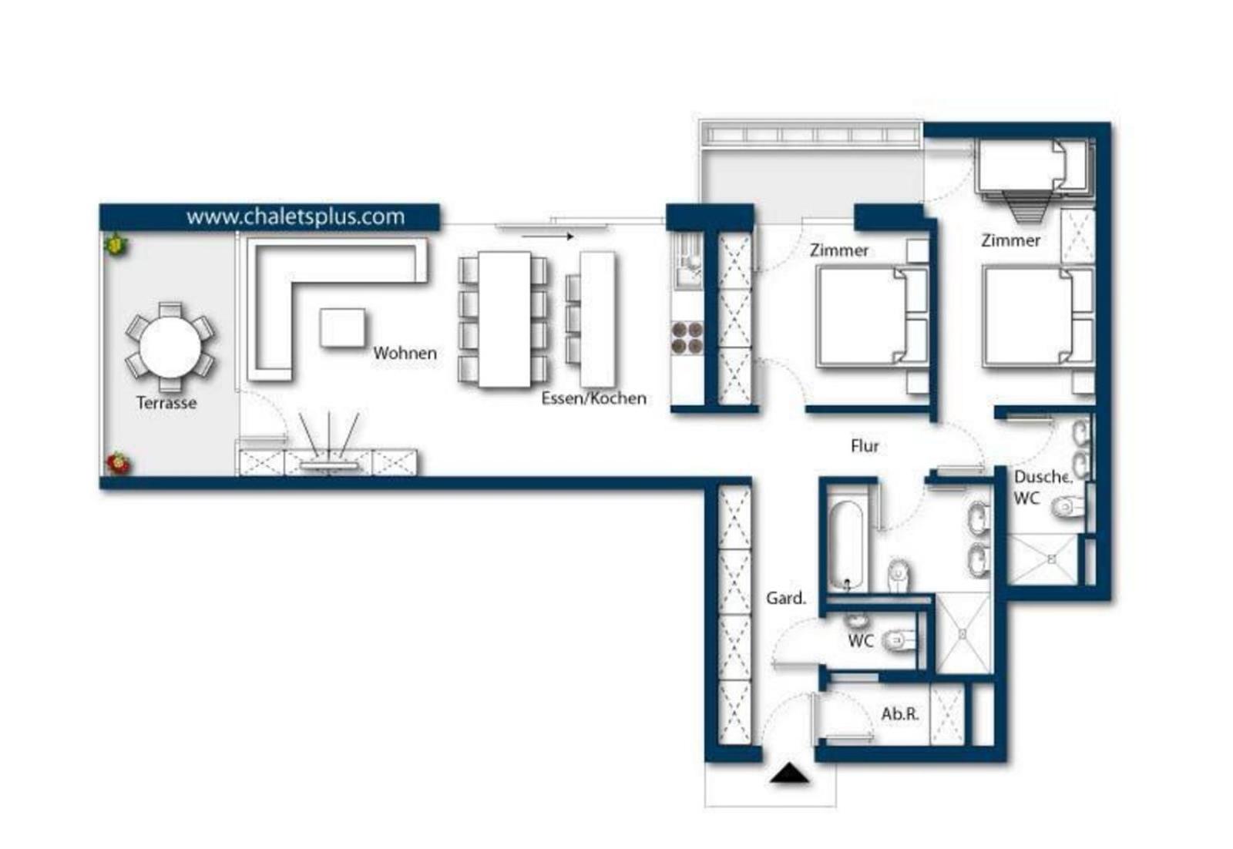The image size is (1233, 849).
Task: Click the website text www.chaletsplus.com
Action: (x=296, y=216)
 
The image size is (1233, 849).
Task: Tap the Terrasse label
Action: (x=166, y=403)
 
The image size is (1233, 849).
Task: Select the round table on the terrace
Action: (x=170, y=347)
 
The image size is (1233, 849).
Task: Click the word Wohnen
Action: (x=405, y=354)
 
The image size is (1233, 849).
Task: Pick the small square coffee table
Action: (x=342, y=328)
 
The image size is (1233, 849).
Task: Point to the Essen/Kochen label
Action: (x=594, y=398)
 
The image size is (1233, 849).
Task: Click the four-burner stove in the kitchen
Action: (x=687, y=338)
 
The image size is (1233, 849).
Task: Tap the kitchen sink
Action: (x=687, y=259)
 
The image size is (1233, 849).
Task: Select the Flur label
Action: (x=865, y=445)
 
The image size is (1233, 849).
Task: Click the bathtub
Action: (x=846, y=545)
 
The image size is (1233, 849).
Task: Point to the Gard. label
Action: (x=786, y=598)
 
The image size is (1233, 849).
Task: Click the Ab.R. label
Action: (x=900, y=713)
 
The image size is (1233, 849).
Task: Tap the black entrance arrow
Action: (x=789, y=773)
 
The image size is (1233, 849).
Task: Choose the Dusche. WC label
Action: (x=1042, y=488)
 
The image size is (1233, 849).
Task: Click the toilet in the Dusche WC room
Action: (x=1068, y=506)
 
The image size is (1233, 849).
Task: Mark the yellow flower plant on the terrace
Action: (x=116, y=244)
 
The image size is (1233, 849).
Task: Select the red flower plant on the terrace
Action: (x=117, y=463)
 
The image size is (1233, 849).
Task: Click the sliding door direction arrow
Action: (x=548, y=237)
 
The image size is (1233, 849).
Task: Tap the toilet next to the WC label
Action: (x=899, y=640)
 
